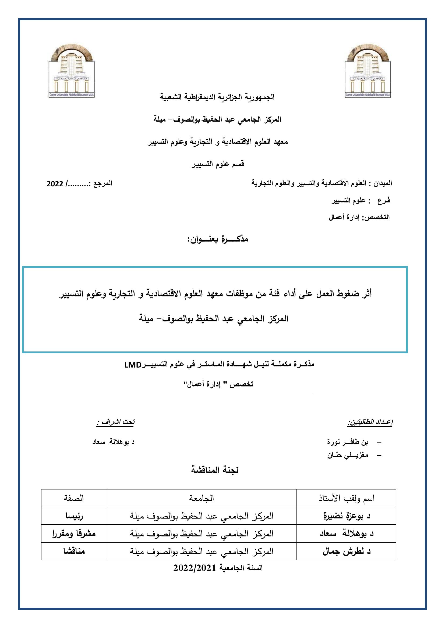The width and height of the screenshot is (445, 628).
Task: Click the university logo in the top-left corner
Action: click(72, 71)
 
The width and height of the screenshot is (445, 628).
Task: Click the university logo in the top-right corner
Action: click(368, 71)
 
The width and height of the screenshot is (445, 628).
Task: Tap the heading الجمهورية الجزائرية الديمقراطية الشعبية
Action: click(217, 97)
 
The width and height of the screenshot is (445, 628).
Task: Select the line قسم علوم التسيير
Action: click(218, 164)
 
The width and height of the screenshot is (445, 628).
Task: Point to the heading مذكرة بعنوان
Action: click(218, 239)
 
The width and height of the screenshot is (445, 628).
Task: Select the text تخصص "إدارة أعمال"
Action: click(218, 384)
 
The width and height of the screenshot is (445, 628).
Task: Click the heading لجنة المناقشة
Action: click(214, 470)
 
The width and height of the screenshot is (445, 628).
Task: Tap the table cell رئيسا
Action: click(73, 516)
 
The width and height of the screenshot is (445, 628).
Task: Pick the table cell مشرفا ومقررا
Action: click(73, 534)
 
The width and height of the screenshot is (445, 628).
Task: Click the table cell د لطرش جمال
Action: click(346, 551)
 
